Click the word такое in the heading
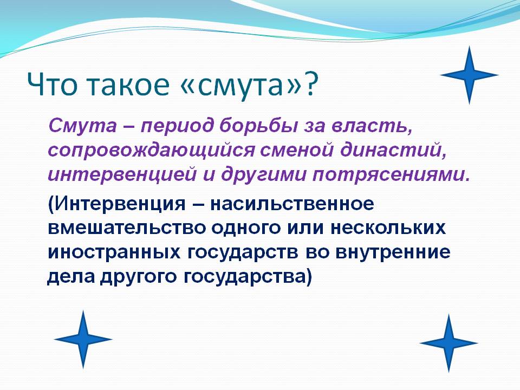129,85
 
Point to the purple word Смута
82,126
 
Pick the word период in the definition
176,127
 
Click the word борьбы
259,126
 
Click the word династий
393,150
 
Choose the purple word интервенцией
122,175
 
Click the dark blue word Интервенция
117,204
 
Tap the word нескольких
388,228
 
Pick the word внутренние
393,252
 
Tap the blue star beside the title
469,75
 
